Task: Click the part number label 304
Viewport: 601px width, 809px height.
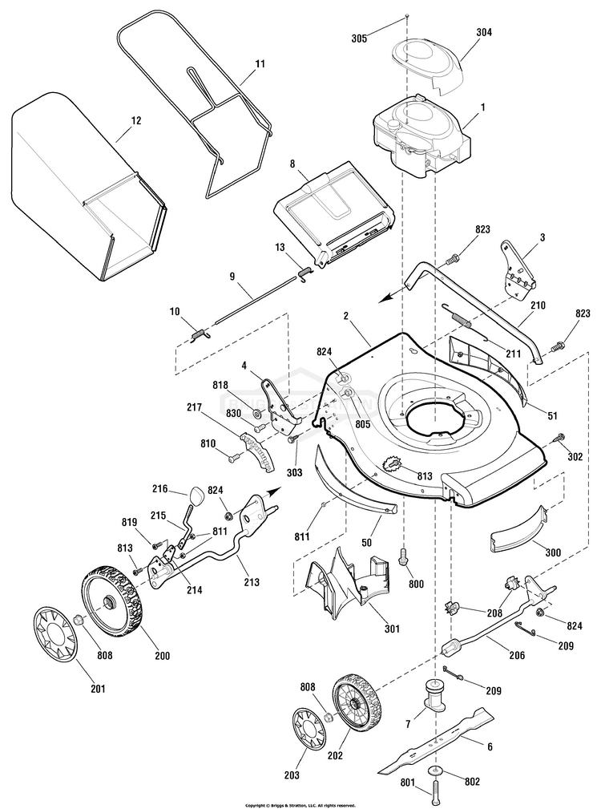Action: click(x=462, y=33)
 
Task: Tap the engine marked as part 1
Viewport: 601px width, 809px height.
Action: click(x=417, y=136)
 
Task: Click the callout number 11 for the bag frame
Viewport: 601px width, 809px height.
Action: click(x=260, y=63)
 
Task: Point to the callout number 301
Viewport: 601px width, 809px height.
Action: click(x=392, y=629)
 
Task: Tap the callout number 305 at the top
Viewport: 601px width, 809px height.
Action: click(x=361, y=38)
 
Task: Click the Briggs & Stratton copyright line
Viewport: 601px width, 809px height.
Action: click(x=300, y=804)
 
